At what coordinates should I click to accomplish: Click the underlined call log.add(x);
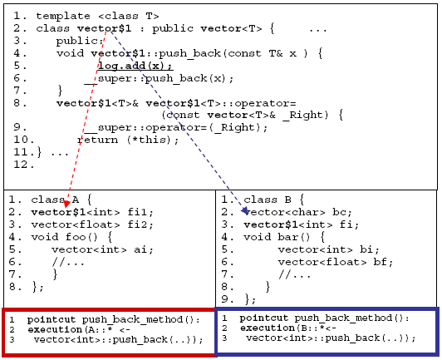pos(135,66)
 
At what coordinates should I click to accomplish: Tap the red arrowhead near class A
pos(66,203)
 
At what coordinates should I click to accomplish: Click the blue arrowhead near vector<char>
pos(244,210)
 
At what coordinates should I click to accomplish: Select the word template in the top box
pos(63,17)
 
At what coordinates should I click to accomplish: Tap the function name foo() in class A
pos(81,237)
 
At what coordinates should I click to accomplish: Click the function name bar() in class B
pos(294,237)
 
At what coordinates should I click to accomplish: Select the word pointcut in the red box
pos(52,319)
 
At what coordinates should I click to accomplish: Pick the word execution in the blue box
pos(268,328)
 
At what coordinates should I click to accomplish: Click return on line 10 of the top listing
pos(97,141)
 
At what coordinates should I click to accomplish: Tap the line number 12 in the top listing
pos(20,165)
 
